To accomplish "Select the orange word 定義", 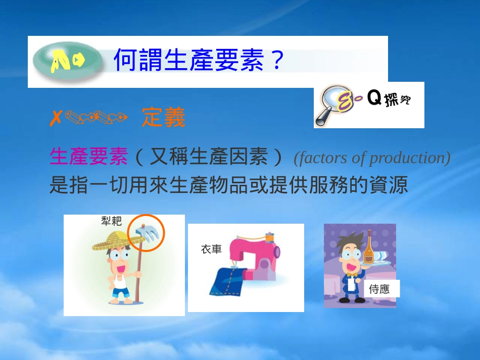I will click(163, 118).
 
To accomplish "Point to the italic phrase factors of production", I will click(372, 158).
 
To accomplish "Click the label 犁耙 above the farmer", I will click(111, 221).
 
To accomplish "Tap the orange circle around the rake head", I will click(146, 233).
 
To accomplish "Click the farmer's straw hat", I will click(112, 241).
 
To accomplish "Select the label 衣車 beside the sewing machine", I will click(211, 249).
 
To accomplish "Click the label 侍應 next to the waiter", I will click(379, 289).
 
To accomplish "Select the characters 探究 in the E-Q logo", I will click(397, 100).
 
